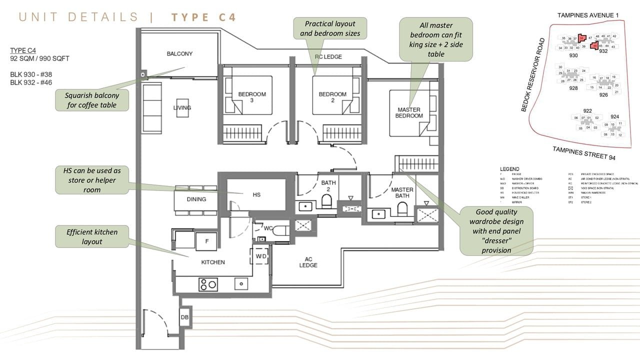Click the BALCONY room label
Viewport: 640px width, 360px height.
(x=179, y=53)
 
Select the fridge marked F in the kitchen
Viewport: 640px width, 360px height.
(x=206, y=241)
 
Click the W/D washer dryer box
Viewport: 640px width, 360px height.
(x=261, y=256)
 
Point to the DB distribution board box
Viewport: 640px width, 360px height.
(x=184, y=317)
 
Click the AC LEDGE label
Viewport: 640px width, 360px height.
(x=308, y=262)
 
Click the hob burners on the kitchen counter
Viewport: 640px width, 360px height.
(x=208, y=284)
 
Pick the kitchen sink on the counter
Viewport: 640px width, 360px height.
(x=241, y=283)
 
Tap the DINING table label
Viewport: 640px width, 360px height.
(x=196, y=199)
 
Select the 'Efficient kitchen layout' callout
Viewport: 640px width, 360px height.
(x=92, y=236)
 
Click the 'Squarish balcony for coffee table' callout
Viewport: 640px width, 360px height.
(x=92, y=100)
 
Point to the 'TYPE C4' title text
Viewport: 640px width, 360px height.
(x=203, y=17)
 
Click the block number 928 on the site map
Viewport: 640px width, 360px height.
(x=573, y=88)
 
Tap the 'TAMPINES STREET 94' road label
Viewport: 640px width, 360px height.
(x=583, y=153)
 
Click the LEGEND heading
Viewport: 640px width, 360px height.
(x=509, y=169)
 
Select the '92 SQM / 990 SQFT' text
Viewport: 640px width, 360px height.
(x=39, y=58)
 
